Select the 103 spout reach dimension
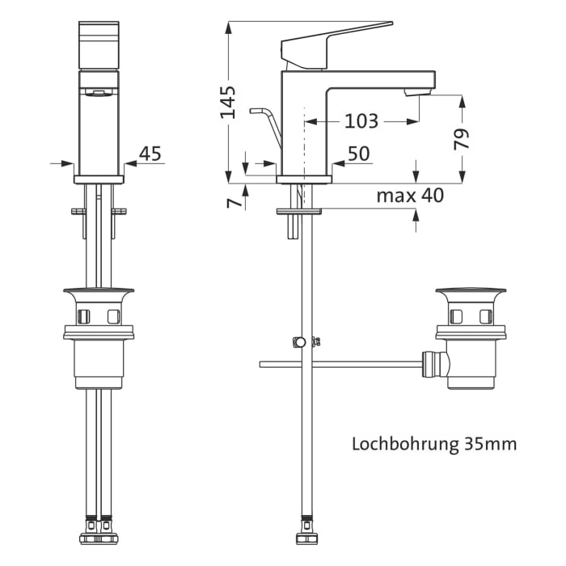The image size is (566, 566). (x=361, y=121)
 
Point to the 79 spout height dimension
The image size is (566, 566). (x=462, y=138)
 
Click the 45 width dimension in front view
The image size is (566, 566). (x=150, y=154)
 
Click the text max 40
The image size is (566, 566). (x=410, y=196)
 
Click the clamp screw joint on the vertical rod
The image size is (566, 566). (x=301, y=342)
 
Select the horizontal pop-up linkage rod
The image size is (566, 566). (x=340, y=365)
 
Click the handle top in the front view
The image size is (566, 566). (x=98, y=44)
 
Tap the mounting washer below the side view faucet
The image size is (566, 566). (x=299, y=211)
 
